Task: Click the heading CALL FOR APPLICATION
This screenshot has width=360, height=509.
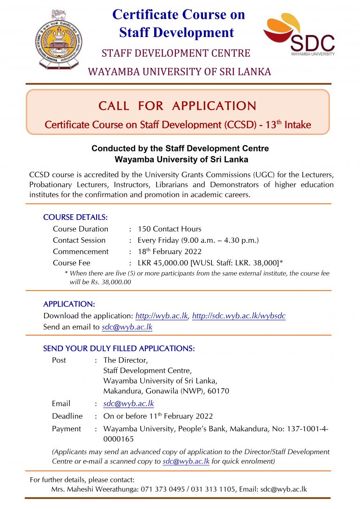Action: click(178, 106)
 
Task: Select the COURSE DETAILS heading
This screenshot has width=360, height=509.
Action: click(75, 217)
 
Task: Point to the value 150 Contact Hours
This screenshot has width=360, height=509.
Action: click(169, 229)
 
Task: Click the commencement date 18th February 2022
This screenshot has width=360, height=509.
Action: click(169, 251)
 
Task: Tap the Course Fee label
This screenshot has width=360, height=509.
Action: click(72, 263)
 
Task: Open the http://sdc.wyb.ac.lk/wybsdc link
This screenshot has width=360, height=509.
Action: click(239, 316)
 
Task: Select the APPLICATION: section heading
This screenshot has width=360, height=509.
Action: click(69, 304)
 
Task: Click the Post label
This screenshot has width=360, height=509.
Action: click(59, 360)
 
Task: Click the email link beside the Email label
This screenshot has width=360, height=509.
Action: click(128, 404)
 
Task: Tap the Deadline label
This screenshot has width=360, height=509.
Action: click(67, 416)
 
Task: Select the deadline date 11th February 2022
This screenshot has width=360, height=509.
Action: click(158, 416)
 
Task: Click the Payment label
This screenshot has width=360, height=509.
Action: click(66, 429)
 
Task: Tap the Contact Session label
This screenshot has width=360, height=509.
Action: click(79, 240)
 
